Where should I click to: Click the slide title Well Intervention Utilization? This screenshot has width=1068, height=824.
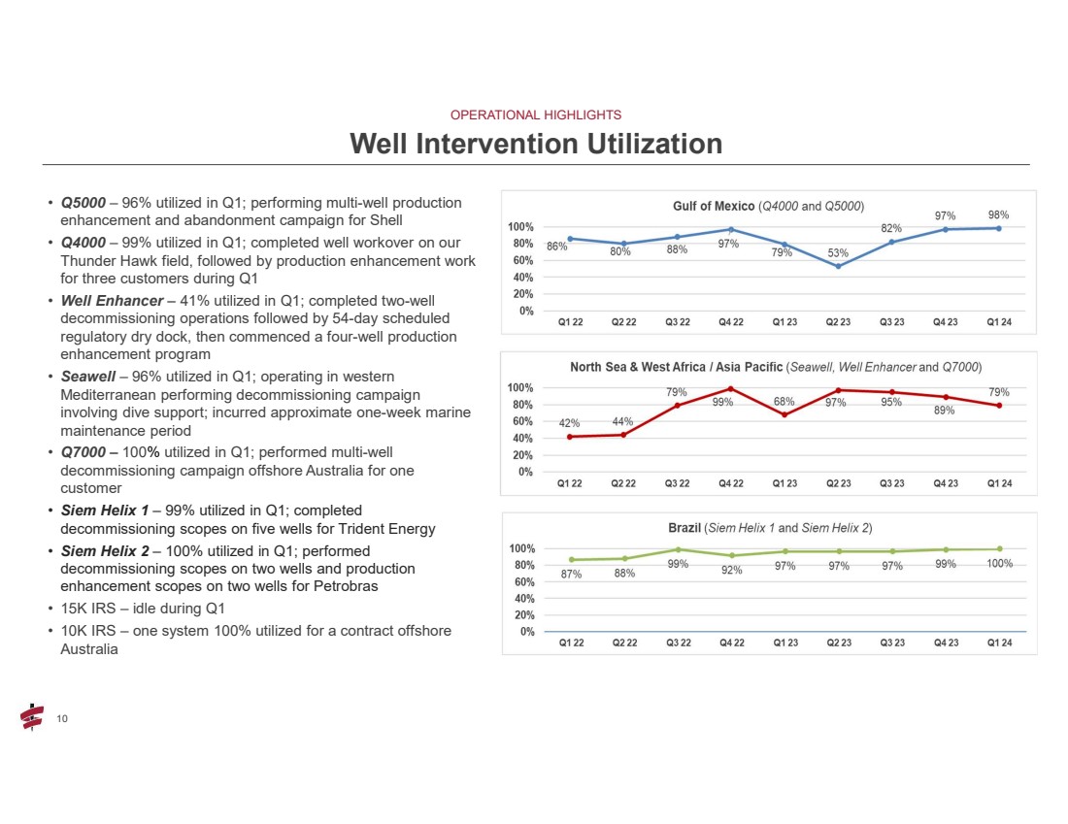tap(536, 144)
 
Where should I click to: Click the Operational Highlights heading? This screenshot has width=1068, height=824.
tap(536, 115)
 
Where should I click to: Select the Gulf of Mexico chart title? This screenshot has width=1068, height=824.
tap(768, 206)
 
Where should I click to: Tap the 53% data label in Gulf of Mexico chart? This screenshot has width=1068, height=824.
tap(838, 253)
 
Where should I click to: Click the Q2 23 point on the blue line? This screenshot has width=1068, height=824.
tap(839, 266)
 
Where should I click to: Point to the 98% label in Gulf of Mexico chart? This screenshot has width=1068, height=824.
tap(998, 214)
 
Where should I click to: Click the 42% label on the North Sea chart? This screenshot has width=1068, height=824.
tap(569, 423)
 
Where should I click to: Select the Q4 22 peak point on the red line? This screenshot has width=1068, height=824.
tap(731, 389)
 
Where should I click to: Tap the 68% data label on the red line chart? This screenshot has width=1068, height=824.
tap(784, 402)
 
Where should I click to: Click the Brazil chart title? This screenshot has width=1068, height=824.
tap(770, 528)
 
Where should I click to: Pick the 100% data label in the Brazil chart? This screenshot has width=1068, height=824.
tap(1000, 563)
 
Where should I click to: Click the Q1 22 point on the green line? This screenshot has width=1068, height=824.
tap(572, 560)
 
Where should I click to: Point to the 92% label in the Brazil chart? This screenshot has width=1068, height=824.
tap(731, 570)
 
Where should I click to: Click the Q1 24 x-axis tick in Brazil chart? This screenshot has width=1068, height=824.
tap(1000, 643)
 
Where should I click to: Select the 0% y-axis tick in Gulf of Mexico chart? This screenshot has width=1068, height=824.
tap(526, 311)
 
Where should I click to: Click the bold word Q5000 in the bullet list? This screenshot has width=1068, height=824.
tap(83, 203)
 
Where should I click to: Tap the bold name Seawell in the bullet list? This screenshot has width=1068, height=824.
tap(87, 377)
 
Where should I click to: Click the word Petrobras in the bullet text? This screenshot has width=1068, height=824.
tap(346, 586)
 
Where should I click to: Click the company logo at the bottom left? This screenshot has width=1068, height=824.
tap(32, 717)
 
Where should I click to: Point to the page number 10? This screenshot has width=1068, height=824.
tap(62, 719)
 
